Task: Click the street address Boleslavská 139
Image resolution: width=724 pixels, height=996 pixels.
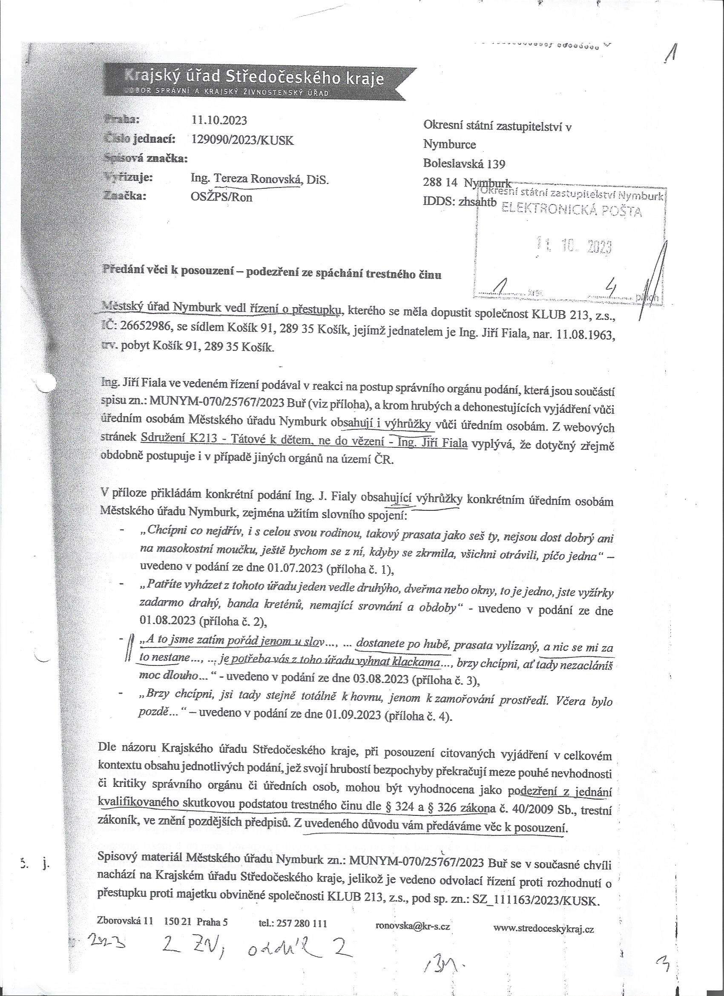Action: point(464,164)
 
